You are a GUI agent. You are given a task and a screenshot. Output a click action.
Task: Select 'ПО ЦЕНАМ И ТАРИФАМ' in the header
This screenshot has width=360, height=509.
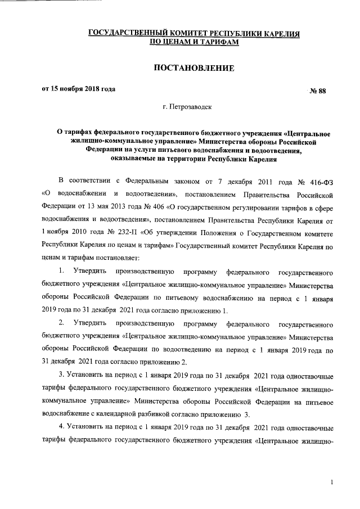(194, 43)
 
